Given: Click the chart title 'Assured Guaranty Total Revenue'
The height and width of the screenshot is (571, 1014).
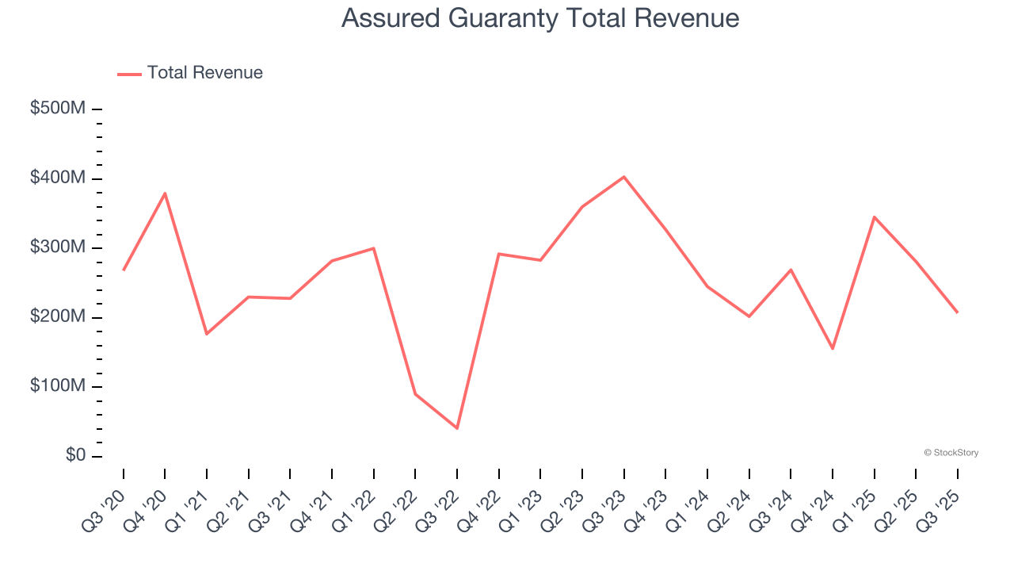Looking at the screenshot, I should pyautogui.click(x=540, y=18).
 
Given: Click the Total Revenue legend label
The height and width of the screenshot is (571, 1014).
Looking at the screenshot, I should pyautogui.click(x=204, y=73).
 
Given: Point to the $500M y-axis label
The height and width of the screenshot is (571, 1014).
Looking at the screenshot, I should pyautogui.click(x=57, y=109).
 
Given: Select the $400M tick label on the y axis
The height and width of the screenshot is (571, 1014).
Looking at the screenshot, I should pyautogui.click(x=57, y=178).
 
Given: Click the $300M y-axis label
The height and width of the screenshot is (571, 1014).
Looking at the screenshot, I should pyautogui.click(x=57, y=247).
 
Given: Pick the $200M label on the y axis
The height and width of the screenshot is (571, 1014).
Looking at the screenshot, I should pyautogui.click(x=57, y=317).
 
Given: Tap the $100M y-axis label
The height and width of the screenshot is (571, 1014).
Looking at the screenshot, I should pyautogui.click(x=57, y=386).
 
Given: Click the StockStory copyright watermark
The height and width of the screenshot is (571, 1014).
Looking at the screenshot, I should pyautogui.click(x=951, y=453).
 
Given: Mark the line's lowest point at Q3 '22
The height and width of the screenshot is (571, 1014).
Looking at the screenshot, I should pyautogui.click(x=457, y=428).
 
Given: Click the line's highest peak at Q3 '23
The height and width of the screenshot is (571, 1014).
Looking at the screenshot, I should pyautogui.click(x=624, y=177).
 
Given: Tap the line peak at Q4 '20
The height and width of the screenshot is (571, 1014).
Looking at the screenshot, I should pyautogui.click(x=165, y=194).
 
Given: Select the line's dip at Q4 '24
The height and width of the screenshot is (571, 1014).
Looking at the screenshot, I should pyautogui.click(x=833, y=348).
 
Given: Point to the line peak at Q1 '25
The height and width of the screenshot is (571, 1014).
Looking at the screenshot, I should pyautogui.click(x=875, y=217).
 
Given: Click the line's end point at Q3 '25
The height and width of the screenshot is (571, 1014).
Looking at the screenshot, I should pyautogui.click(x=957, y=312).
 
